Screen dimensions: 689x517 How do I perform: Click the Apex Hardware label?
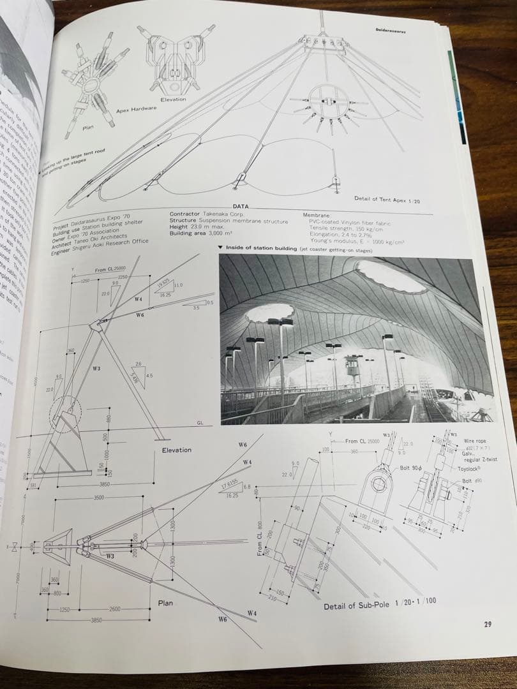[136, 110]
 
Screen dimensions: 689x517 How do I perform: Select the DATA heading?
[241, 207]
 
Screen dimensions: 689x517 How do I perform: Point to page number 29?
[487, 624]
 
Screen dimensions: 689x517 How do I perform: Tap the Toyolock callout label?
[472, 468]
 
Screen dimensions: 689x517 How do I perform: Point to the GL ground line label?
[199, 424]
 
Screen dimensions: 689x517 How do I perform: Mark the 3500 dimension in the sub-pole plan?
[99, 497]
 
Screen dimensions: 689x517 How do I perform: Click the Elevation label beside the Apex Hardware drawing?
[173, 100]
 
